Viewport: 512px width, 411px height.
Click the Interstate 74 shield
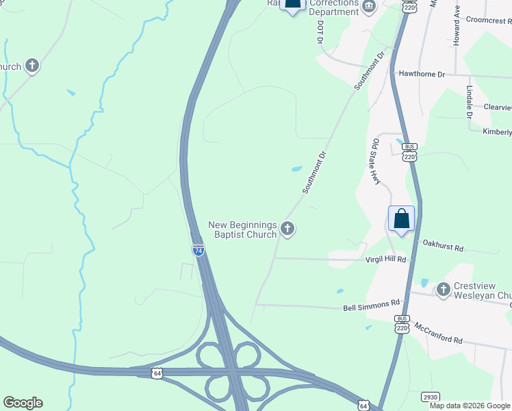[198, 251]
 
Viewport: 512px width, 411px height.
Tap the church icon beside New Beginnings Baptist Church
[288, 229]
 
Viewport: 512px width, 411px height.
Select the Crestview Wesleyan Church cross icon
[443, 290]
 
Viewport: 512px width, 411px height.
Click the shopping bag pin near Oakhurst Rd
[401, 219]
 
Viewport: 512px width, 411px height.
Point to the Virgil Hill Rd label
[386, 260]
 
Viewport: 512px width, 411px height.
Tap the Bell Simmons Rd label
[370, 303]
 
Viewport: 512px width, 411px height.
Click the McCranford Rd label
[439, 336]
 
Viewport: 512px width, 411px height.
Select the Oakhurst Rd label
[443, 243]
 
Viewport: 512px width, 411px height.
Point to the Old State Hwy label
[375, 161]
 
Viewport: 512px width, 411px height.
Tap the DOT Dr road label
[320, 32]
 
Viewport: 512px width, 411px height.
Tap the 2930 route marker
[430, 396]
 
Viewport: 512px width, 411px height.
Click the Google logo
[23, 403]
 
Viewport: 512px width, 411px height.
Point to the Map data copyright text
[470, 406]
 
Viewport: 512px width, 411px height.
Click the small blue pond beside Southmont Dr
[296, 169]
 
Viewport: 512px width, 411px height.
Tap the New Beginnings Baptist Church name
[242, 229]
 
